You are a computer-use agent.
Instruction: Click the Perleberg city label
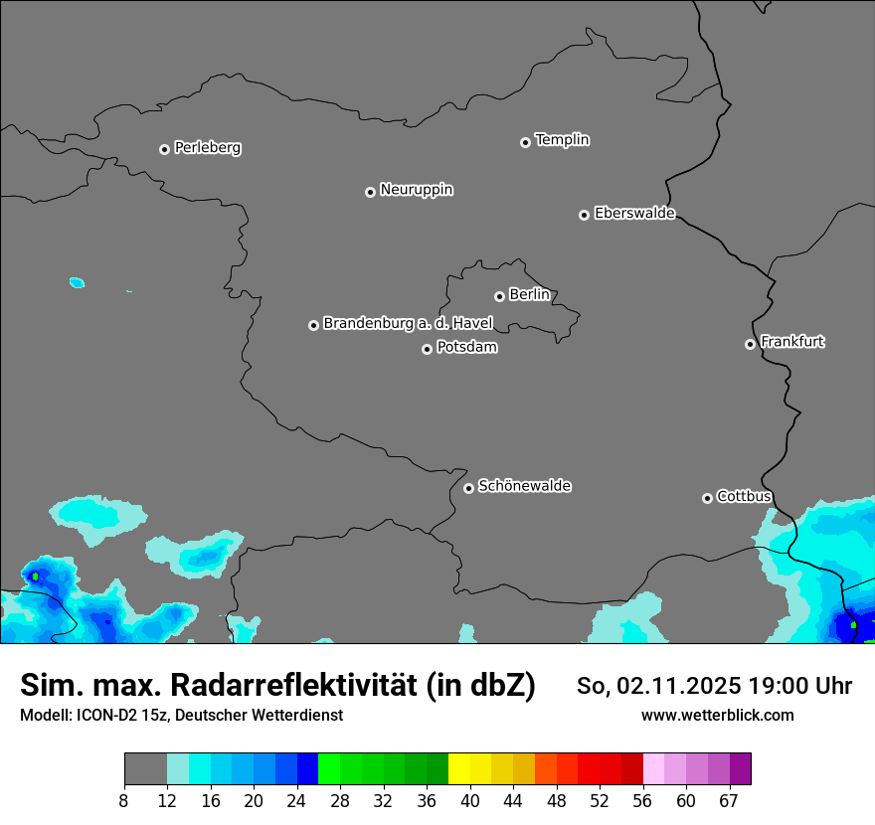207,148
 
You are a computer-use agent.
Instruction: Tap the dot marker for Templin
525,142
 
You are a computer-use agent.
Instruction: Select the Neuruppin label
416,190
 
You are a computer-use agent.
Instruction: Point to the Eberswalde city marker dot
584,215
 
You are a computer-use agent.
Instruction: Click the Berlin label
529,295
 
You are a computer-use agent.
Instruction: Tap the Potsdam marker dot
427,349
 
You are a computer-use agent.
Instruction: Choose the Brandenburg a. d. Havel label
408,324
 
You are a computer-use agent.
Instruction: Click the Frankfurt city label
792,342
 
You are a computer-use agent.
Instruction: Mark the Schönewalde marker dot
468,488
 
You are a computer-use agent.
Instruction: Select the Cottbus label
744,496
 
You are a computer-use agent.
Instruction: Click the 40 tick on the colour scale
470,800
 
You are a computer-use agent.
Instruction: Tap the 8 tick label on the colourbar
124,800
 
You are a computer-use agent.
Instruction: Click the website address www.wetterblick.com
717,715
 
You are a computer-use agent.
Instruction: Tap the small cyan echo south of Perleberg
77,282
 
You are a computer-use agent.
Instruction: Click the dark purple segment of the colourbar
740,768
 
